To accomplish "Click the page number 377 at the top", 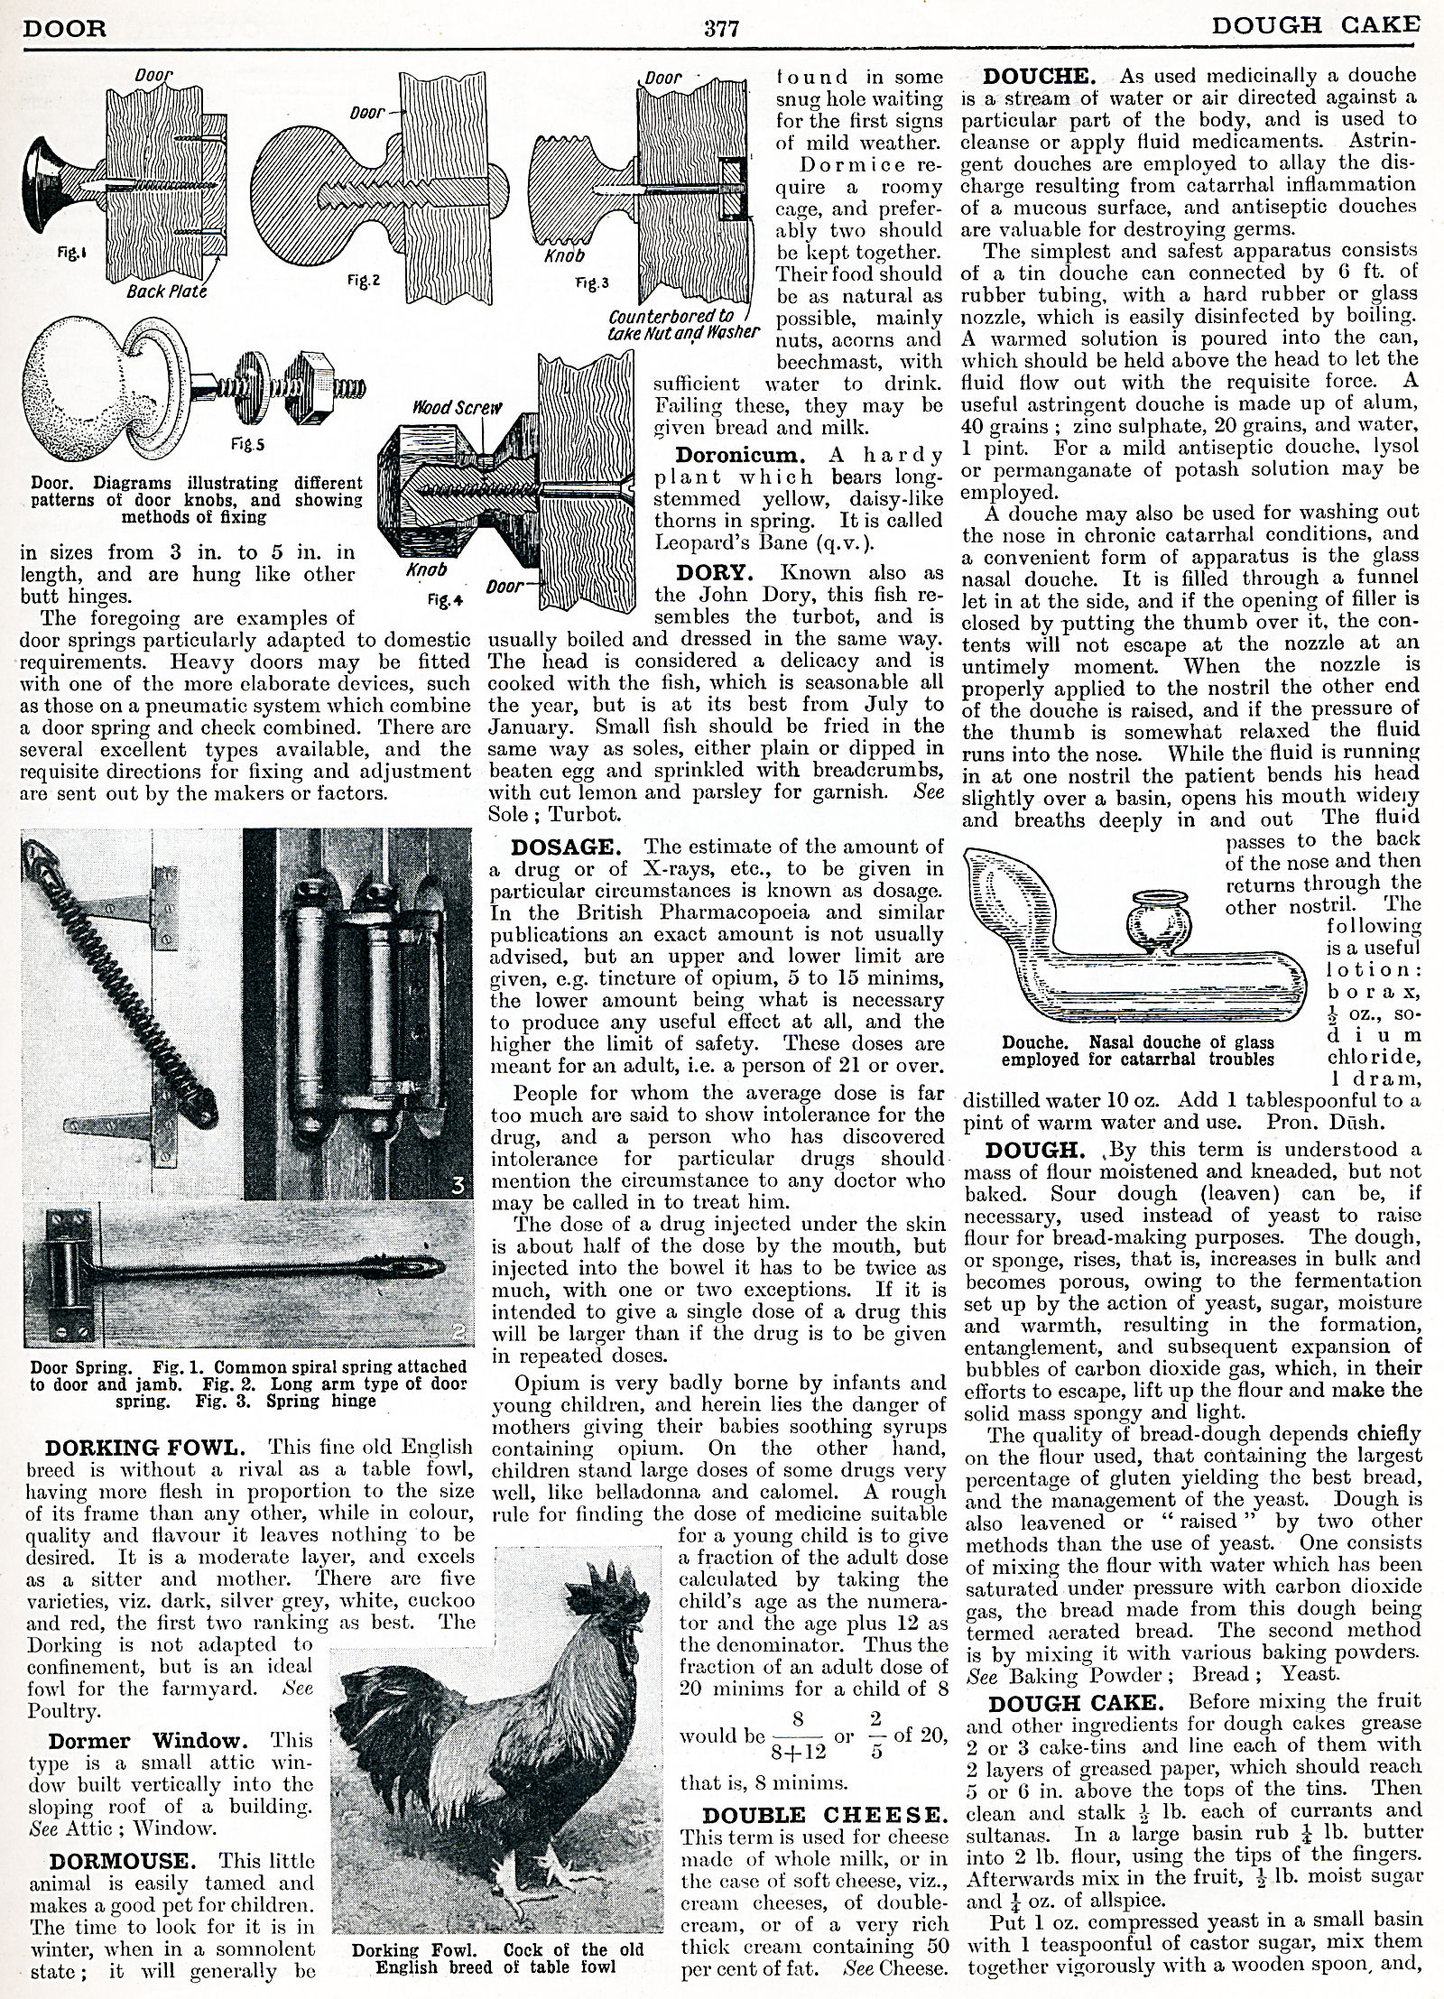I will point(722,28).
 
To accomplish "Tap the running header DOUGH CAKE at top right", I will point(1314,27).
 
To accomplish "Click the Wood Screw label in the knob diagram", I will point(444,407).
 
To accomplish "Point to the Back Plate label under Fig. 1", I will point(166,292).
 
